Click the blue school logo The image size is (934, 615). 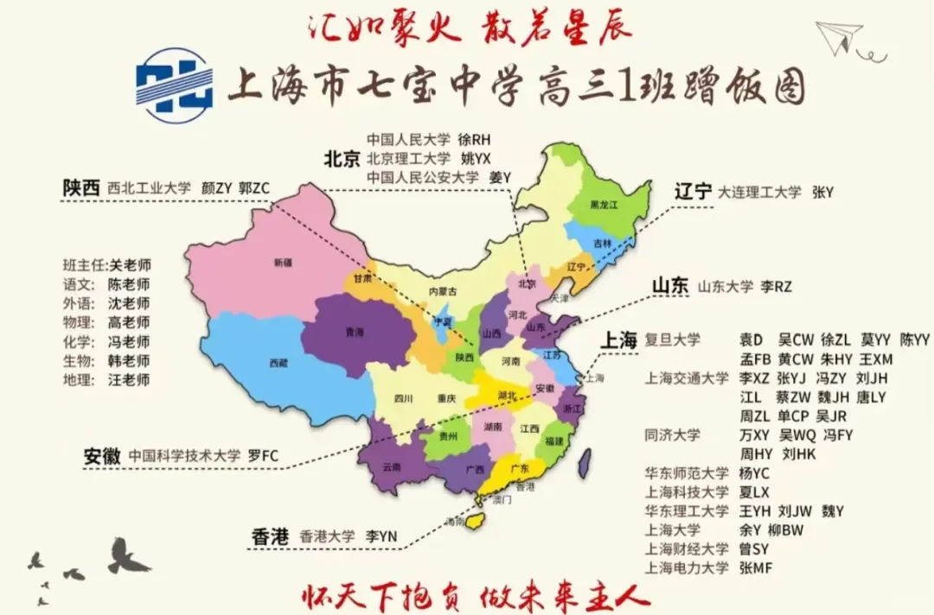(x=175, y=84)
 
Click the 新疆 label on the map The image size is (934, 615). (x=283, y=262)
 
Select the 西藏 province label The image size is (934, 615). (x=278, y=364)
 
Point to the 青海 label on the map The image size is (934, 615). (x=354, y=333)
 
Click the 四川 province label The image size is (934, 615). (x=403, y=399)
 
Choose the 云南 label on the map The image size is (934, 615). (x=391, y=467)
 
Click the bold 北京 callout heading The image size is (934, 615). (x=342, y=159)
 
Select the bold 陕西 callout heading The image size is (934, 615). (x=80, y=187)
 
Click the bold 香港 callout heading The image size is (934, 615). (x=269, y=536)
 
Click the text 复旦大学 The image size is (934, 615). (x=673, y=339)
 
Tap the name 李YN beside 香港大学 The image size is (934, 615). (x=381, y=536)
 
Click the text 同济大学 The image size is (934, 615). (x=673, y=434)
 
